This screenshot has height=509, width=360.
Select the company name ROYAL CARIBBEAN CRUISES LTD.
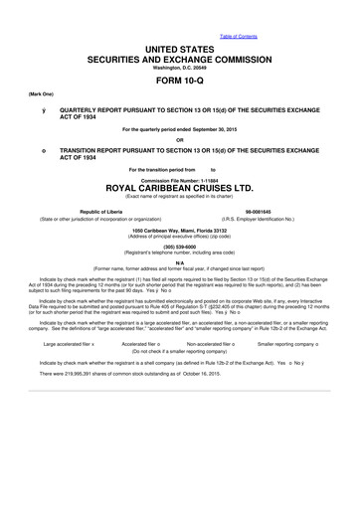click(x=179, y=185)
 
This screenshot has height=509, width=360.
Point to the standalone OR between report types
click(x=179, y=138)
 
